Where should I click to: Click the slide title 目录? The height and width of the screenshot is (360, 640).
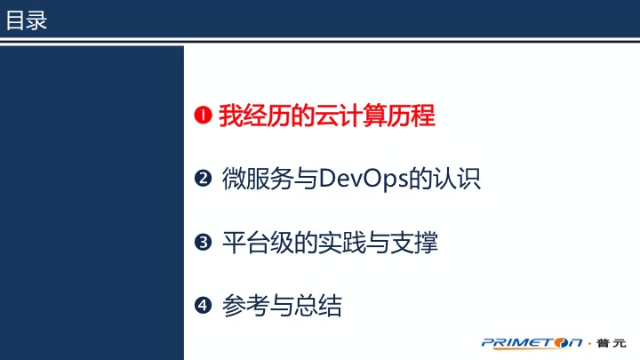point(27,20)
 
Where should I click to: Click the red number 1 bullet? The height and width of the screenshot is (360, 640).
point(203,115)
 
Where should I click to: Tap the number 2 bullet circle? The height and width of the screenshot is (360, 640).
point(203,179)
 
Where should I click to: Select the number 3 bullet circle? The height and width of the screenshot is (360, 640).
point(203,242)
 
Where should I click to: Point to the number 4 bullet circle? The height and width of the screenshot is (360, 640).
point(203,305)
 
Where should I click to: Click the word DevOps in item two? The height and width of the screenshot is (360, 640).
point(364,180)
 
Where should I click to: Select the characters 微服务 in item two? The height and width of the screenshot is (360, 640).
point(258,179)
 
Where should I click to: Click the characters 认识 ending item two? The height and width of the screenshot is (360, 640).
point(457,179)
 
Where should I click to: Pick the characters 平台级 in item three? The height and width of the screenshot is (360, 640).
point(258,243)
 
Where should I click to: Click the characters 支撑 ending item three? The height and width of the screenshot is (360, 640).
point(414,243)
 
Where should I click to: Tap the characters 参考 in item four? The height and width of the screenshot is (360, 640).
point(246,306)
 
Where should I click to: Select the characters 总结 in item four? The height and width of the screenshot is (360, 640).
point(318,306)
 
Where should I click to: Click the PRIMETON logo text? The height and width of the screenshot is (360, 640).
point(532,343)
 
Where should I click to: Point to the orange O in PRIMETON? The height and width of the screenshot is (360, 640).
point(561,343)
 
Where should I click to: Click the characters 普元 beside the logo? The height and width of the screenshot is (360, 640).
point(611,343)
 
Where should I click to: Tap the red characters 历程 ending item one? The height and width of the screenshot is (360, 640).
point(411,116)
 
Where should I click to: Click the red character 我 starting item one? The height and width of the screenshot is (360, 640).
point(231,116)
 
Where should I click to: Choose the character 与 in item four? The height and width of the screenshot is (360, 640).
point(282,306)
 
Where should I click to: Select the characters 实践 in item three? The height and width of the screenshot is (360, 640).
point(342,243)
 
